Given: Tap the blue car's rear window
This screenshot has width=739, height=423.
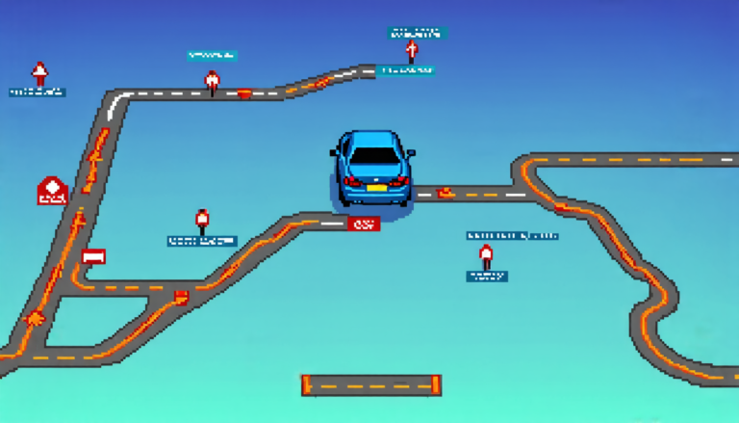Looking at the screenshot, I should [x=373, y=154].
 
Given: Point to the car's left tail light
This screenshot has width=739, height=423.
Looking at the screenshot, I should [x=350, y=179].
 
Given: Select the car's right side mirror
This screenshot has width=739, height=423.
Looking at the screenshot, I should [x=412, y=152].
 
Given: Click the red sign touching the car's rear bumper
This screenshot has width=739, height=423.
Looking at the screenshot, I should [x=362, y=224].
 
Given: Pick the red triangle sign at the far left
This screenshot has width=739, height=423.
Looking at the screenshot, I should [x=39, y=72].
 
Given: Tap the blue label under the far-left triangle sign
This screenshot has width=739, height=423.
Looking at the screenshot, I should [x=38, y=93].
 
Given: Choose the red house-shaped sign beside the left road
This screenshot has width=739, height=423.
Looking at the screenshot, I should [x=52, y=191].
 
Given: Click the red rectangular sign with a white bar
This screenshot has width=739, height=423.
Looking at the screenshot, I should [x=92, y=256].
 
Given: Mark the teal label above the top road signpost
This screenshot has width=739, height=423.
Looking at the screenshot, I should [x=212, y=56].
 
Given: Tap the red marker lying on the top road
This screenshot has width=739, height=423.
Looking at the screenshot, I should [x=244, y=94].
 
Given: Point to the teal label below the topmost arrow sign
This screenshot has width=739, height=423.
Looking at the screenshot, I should [x=406, y=70].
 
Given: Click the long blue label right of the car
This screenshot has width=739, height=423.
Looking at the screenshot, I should [x=512, y=234].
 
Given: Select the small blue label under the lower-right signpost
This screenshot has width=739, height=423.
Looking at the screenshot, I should [x=486, y=276].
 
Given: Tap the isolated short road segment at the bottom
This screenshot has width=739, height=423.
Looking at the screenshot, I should [x=370, y=385].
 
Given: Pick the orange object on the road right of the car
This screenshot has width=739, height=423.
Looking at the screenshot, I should [x=445, y=192].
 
